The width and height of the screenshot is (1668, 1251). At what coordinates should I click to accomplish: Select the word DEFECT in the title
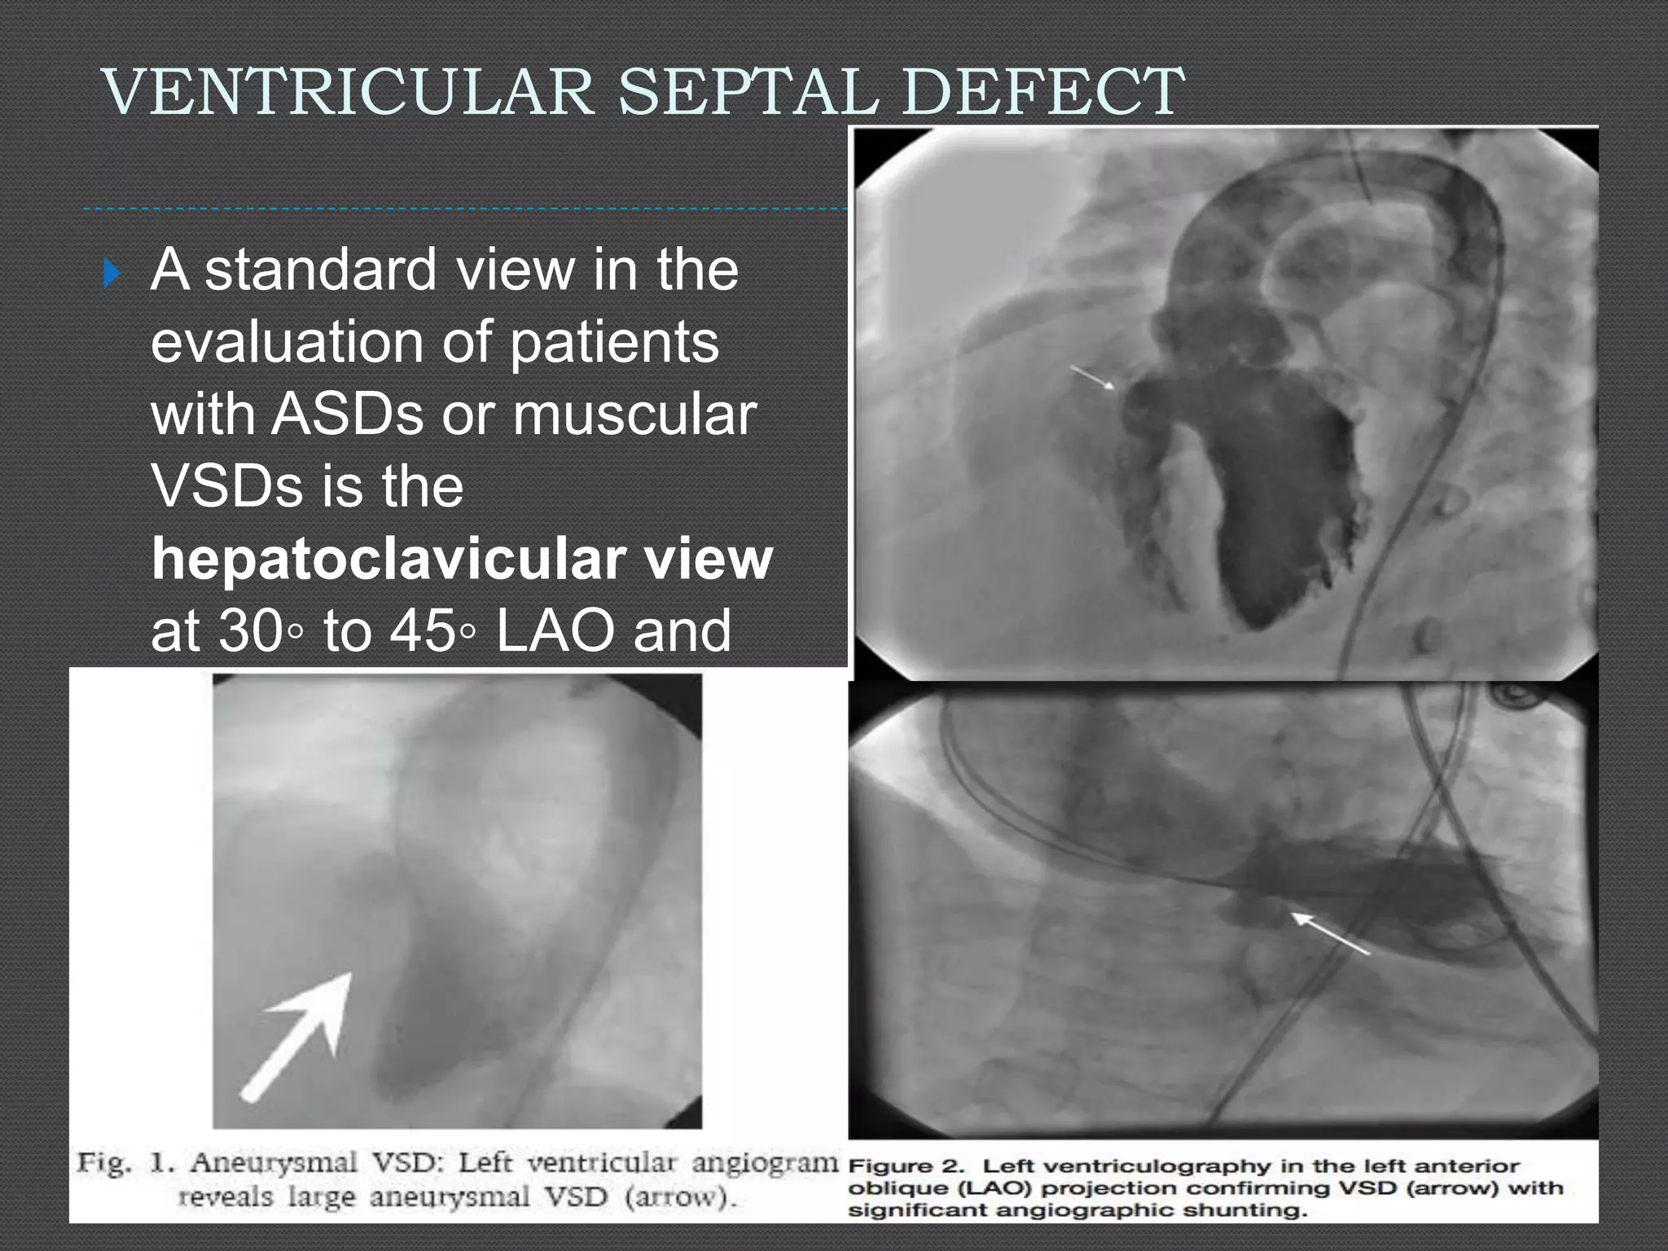pos(1043,91)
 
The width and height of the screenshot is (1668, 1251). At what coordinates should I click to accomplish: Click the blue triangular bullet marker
pos(112,274)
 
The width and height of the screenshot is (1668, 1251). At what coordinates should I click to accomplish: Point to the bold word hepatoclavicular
pos(388,559)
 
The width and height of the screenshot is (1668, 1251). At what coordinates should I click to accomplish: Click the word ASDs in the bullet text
pos(348,414)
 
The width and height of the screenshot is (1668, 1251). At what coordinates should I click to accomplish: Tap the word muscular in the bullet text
pos(634,414)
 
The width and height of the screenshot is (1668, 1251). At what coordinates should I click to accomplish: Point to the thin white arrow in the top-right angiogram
pos(1092,376)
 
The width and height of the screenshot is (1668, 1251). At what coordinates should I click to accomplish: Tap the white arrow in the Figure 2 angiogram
pos(1330,933)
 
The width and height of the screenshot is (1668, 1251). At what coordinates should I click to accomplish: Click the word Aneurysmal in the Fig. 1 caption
pos(274,1162)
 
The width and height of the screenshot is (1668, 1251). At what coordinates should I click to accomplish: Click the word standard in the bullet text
pos(321,270)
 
